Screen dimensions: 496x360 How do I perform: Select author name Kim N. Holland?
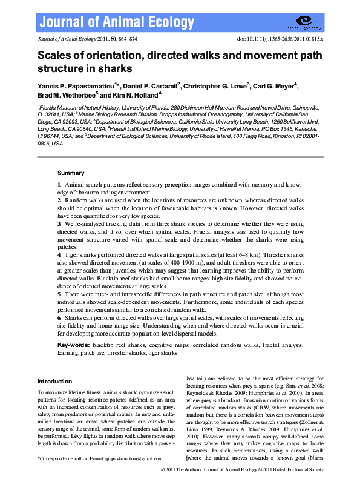point(135,95)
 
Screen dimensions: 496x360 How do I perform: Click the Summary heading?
point(70,173)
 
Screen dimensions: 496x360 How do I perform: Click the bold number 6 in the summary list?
point(59,317)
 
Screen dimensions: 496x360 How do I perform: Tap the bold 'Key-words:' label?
point(74,345)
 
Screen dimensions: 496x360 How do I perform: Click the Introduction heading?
point(54,381)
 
